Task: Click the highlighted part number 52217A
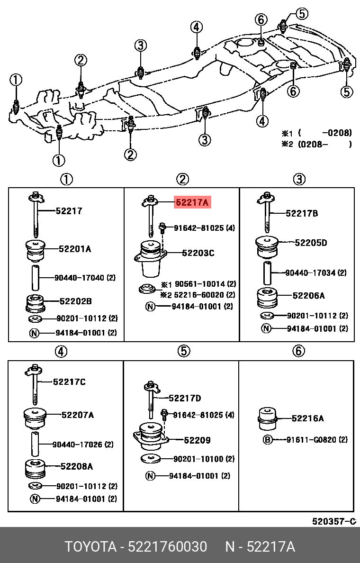192,203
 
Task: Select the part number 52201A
75,248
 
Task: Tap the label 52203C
198,253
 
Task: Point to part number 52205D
311,243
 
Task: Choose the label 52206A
308,296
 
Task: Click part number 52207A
78,415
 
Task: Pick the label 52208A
76,466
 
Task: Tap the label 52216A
307,418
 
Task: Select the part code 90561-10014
198,284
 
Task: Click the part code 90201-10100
197,459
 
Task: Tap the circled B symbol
267,440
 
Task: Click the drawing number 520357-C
333,521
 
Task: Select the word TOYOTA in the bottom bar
90,547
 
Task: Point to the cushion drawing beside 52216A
268,418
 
